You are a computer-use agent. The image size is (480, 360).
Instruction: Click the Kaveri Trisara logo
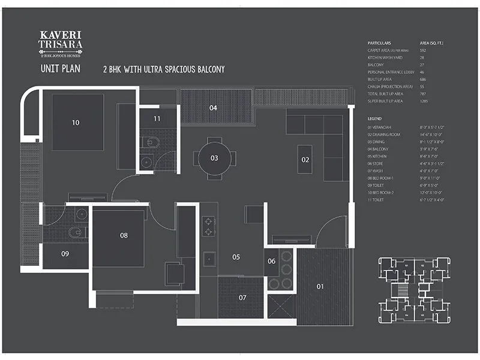pyautogui.click(x=60, y=44)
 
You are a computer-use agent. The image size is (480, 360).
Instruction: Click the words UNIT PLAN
pyautogui.click(x=60, y=68)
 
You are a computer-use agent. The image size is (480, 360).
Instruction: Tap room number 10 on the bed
pyautogui.click(x=76, y=122)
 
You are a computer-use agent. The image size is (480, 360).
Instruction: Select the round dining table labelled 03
pyautogui.click(x=214, y=158)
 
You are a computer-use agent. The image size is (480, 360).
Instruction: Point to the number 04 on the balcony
pyautogui.click(x=213, y=108)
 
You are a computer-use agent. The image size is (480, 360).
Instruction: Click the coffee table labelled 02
pyautogui.click(x=305, y=160)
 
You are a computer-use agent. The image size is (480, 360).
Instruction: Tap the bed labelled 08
pyautogui.click(x=124, y=236)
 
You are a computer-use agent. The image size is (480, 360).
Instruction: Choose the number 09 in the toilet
pyautogui.click(x=65, y=254)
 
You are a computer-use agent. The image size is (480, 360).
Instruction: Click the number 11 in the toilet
pyautogui.click(x=157, y=119)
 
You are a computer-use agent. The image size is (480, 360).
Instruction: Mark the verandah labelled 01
pyautogui.click(x=320, y=287)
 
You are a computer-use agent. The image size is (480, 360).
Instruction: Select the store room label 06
pyautogui.click(x=272, y=261)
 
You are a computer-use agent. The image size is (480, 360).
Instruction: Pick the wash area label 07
pyautogui.click(x=242, y=298)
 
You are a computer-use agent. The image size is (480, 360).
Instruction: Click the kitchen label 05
pyautogui.click(x=236, y=257)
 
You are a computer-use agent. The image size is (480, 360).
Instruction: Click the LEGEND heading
pyautogui.click(x=374, y=119)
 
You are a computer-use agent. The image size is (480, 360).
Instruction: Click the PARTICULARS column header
pyautogui.click(x=379, y=43)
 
